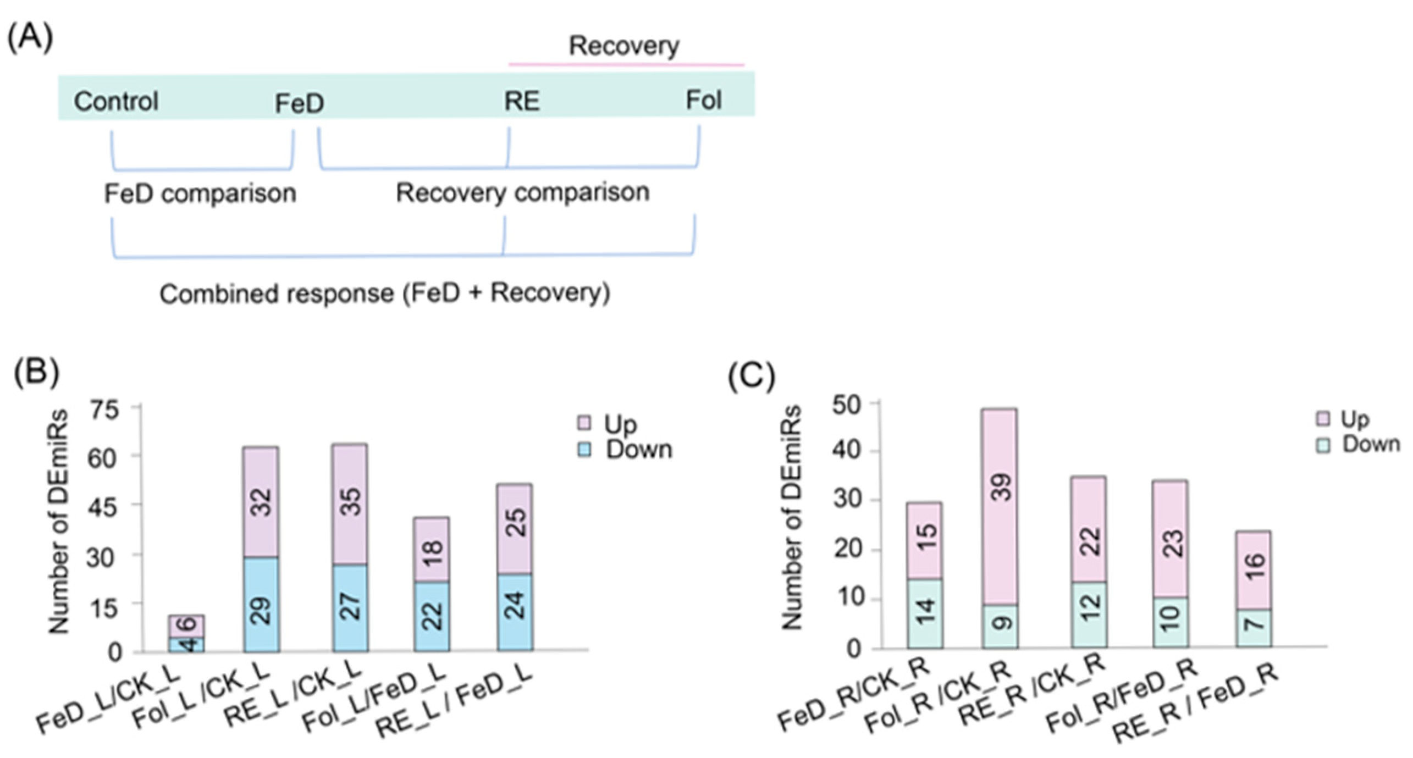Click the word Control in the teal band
pyautogui.click(x=116, y=102)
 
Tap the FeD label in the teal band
pyautogui.click(x=299, y=103)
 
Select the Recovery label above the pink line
pyautogui.click(x=623, y=46)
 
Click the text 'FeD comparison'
pyautogui.click(x=200, y=193)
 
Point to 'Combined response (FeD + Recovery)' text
pyautogui.click(x=385, y=294)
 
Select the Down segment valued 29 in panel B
pyautogui.click(x=261, y=605)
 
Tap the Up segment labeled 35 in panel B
pyautogui.click(x=350, y=504)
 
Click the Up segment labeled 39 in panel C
pyautogui.click(x=999, y=506)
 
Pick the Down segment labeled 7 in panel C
pyautogui.click(x=1254, y=627)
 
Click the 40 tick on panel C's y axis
pyautogui.click(x=847, y=451)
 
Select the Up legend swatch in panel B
pyautogui.click(x=584, y=423)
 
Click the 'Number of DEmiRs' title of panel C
pyautogui.click(x=792, y=517)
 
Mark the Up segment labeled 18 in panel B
pyautogui.click(x=432, y=549)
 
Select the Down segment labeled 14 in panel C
pyautogui.click(x=925, y=613)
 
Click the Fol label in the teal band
pyautogui.click(x=703, y=101)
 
